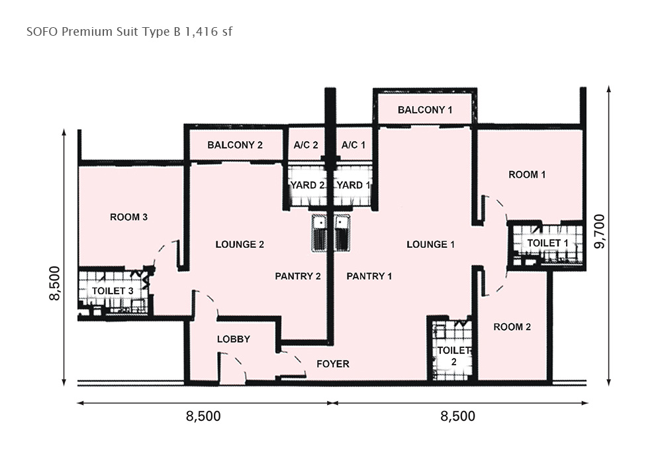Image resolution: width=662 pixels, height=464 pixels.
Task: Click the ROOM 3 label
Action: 129,217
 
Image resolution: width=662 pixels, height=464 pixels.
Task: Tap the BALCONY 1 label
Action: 425,110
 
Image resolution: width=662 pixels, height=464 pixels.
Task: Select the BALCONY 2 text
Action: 235,145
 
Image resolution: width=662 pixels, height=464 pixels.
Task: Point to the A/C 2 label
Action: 306,145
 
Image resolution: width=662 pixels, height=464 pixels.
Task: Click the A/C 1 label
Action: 354,145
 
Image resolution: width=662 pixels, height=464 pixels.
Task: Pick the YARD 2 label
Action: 307,185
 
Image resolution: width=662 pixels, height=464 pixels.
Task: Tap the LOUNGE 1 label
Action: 431,244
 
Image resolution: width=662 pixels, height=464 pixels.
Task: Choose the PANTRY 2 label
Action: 298,276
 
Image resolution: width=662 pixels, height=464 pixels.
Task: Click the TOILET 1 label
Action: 547,243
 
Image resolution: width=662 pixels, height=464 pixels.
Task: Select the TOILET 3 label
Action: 113,291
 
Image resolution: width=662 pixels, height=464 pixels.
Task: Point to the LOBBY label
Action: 234,339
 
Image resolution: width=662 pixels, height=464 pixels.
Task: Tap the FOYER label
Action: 333,364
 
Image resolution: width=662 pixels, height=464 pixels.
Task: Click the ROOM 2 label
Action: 512,327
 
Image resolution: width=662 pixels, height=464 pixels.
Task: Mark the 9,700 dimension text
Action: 600,231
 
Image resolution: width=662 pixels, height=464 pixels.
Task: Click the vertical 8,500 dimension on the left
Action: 55,283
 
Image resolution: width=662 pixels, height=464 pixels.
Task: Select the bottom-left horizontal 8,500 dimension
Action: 203,416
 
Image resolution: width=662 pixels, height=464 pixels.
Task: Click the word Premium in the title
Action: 88,32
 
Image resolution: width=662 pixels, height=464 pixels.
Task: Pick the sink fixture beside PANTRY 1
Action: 343,233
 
